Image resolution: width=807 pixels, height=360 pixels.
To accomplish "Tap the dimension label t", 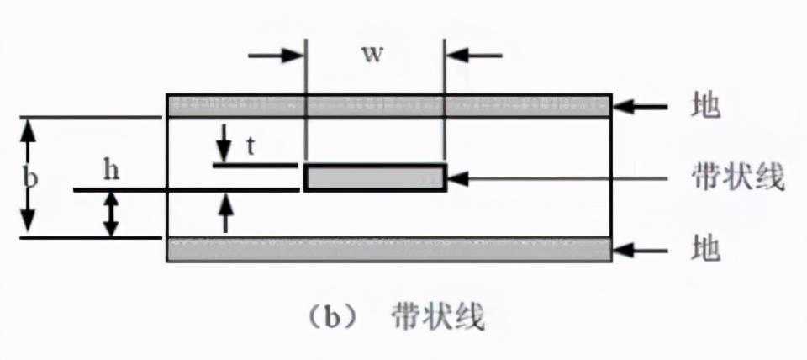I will coord(250,145).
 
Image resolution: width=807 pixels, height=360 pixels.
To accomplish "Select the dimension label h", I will coord(111,170).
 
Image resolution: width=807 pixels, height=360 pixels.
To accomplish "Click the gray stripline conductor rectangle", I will coord(375,177).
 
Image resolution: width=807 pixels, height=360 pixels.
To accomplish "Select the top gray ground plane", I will coord(389,106).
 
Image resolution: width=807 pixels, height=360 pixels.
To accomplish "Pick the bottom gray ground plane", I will coord(389,250).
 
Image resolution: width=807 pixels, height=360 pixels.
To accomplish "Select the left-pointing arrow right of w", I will coord(473,56).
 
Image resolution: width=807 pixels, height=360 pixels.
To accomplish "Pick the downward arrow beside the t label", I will coord(224,143).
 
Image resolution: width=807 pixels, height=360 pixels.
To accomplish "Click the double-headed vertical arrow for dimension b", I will coord(29,177).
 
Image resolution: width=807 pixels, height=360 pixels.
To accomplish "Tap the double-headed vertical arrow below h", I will coord(111,214).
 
